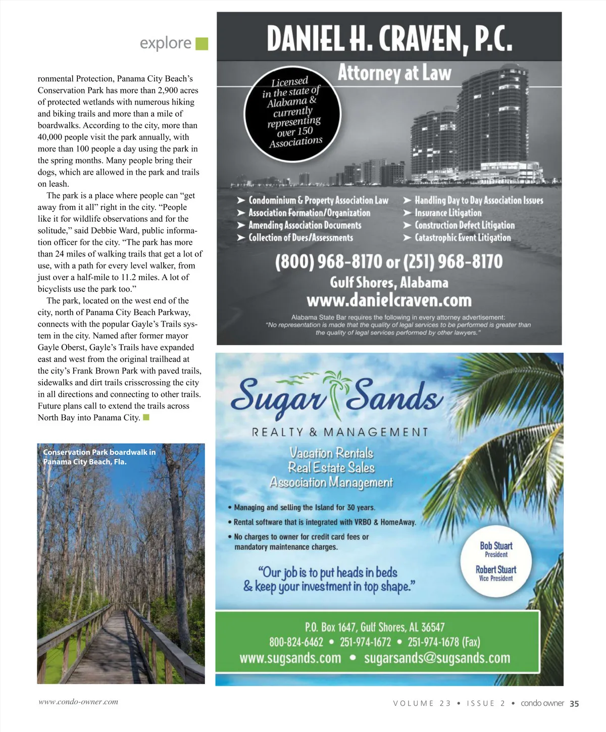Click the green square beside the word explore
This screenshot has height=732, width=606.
(201, 44)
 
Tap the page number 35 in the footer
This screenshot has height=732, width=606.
(574, 703)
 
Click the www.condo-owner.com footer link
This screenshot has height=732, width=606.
(78, 702)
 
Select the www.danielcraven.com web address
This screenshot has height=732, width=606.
(389, 301)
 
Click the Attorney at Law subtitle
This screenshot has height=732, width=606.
(394, 73)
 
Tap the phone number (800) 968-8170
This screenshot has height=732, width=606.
(328, 262)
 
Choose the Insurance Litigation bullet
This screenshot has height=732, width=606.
(447, 213)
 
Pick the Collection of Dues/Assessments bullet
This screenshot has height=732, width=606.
(300, 238)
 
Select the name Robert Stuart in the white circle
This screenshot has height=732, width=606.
(496, 569)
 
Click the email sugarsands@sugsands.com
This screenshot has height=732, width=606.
(437, 658)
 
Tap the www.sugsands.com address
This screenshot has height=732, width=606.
(290, 658)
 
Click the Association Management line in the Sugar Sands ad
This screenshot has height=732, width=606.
(331, 483)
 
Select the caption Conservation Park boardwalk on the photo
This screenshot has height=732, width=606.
(99, 457)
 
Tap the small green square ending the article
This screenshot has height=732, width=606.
(146, 417)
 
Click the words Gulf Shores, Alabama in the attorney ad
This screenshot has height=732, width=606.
(389, 282)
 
